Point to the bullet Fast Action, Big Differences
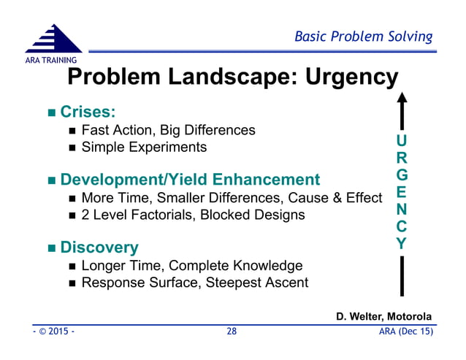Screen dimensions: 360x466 [168, 131]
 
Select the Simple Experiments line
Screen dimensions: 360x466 [144, 148]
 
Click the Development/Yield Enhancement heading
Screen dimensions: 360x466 [190, 180]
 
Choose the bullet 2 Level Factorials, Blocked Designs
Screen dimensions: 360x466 [193, 215]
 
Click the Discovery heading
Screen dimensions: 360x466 [99, 248]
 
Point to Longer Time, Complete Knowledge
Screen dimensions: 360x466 [191, 266]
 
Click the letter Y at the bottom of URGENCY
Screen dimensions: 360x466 [402, 244]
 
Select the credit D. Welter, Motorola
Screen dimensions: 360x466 [383, 316]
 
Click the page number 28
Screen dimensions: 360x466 [232, 332]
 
